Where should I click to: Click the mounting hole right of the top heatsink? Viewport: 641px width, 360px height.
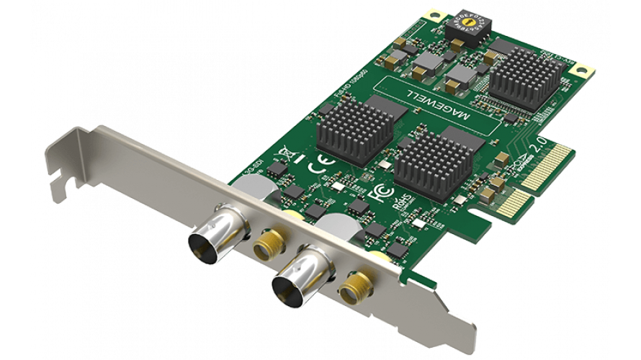581,70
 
